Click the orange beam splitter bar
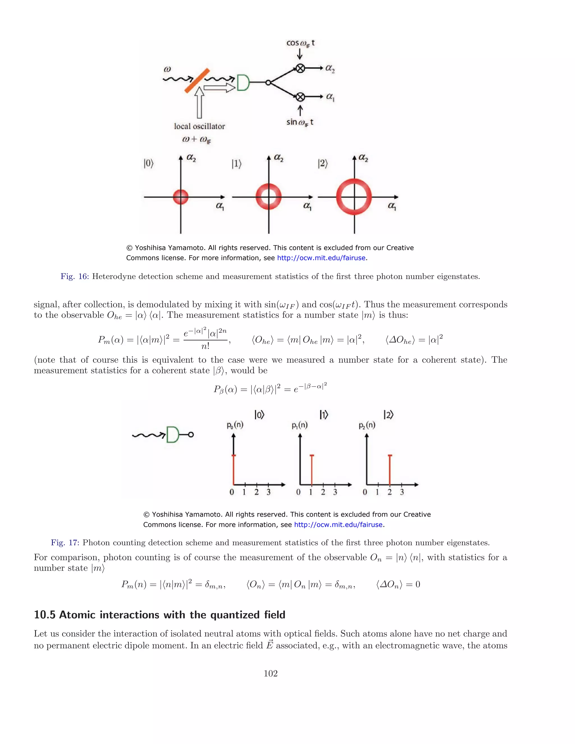pyautogui.click(x=197, y=81)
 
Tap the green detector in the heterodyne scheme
pyautogui.click(x=243, y=83)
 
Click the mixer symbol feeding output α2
pyautogui.click(x=300, y=69)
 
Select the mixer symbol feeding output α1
pyautogui.click(x=300, y=97)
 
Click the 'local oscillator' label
pyautogui.click(x=199, y=126)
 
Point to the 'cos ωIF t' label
pyautogui.click(x=300, y=43)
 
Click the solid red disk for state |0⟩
pyautogui.click(x=181, y=197)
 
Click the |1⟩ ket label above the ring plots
pyautogui.click(x=236, y=164)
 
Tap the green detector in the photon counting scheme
pyautogui.click(x=172, y=434)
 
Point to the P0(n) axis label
pyautogui.click(x=235, y=425)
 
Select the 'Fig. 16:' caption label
pyautogui.click(x=74, y=276)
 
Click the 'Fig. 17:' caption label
pyautogui.click(x=65, y=542)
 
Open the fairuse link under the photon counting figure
pyautogui.click(x=338, y=525)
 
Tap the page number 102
pyautogui.click(x=270, y=673)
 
